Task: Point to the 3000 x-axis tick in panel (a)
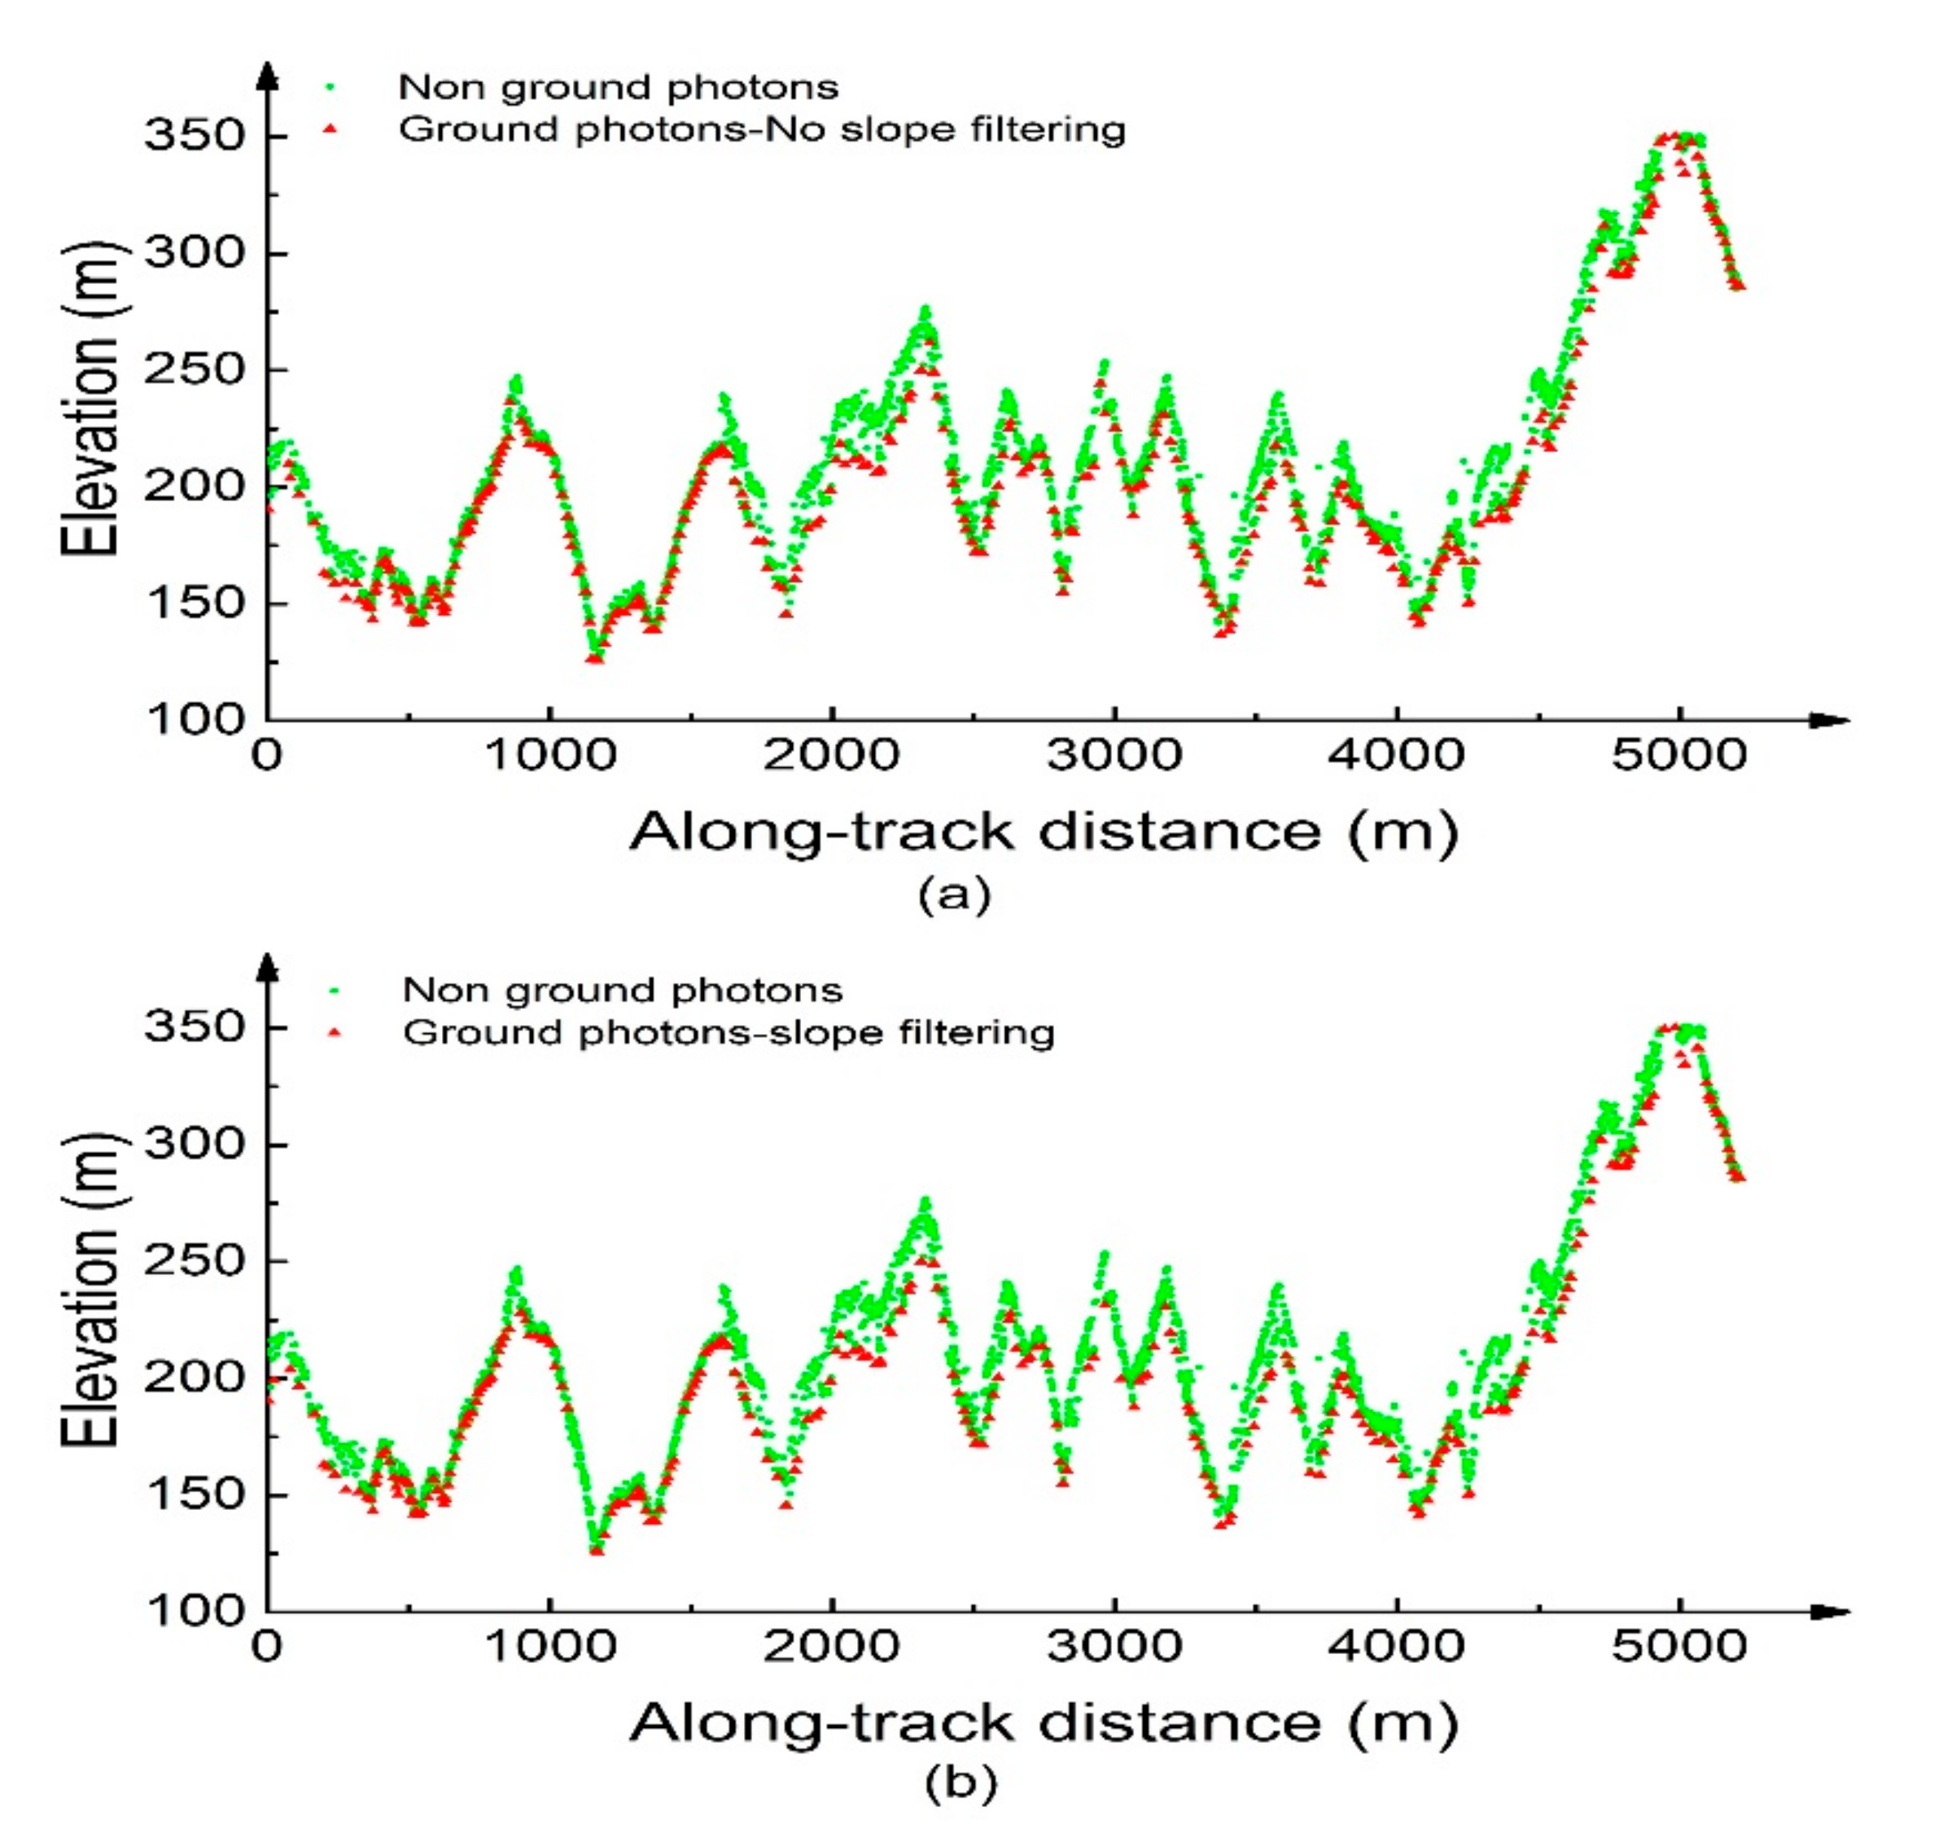1115,756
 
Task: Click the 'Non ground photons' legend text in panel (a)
618,87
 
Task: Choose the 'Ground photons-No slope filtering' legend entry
761,129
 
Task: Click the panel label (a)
955,893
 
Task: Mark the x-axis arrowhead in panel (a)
1829,721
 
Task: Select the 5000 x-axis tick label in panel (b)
1678,1648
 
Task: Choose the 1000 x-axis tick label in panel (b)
550,1648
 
